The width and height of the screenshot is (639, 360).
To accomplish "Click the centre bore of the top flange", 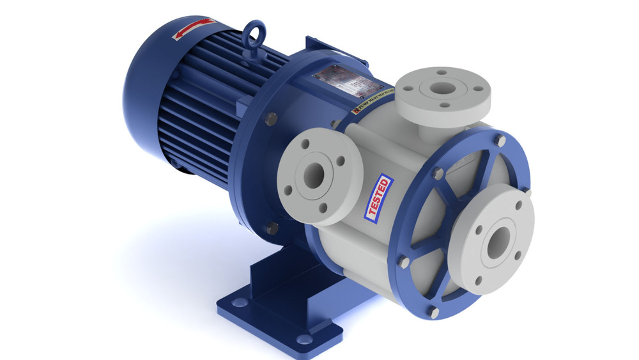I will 442,90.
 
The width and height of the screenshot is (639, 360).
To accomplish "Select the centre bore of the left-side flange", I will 314,176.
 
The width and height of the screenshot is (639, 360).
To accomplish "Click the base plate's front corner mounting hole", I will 305,340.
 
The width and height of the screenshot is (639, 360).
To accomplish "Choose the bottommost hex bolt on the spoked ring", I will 434,312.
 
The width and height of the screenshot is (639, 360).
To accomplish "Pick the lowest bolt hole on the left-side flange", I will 323,207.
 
